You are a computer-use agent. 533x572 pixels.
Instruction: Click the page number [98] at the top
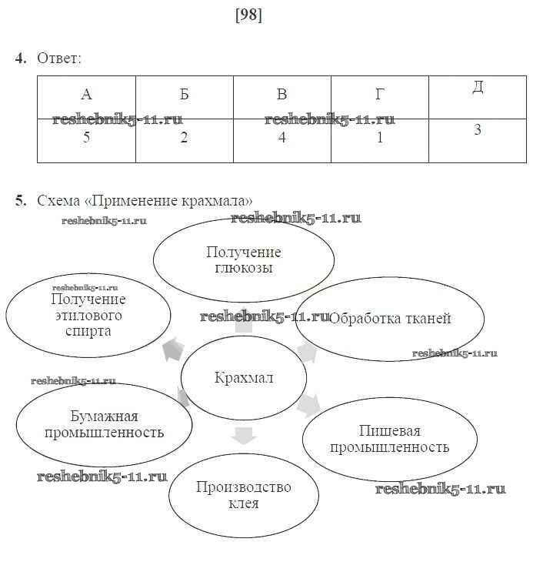pos(248,15)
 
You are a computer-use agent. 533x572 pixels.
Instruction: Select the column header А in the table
pos(86,95)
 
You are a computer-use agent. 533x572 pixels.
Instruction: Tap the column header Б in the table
pos(185,95)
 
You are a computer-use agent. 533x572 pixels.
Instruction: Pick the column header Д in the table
pos(477,87)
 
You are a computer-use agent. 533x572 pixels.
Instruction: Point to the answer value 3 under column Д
pos(477,130)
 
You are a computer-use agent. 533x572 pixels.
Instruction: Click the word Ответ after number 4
pos(59,58)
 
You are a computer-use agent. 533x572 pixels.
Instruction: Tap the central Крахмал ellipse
pos(243,378)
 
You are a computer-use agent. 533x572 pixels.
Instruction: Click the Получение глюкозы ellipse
pos(244,260)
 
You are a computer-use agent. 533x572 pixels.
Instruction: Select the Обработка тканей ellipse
pos(390,319)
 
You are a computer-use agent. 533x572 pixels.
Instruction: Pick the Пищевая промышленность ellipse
pos(389,439)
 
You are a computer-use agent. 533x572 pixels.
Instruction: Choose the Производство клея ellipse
pos(243,495)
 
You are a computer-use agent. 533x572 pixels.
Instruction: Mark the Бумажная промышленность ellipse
pos(105,424)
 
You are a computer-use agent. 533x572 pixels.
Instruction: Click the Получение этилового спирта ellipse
pos(88,315)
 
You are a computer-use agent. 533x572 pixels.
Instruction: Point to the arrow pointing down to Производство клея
pos(244,436)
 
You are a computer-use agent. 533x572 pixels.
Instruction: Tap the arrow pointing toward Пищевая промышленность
pos(309,403)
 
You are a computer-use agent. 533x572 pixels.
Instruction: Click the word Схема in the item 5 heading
pos(59,201)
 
